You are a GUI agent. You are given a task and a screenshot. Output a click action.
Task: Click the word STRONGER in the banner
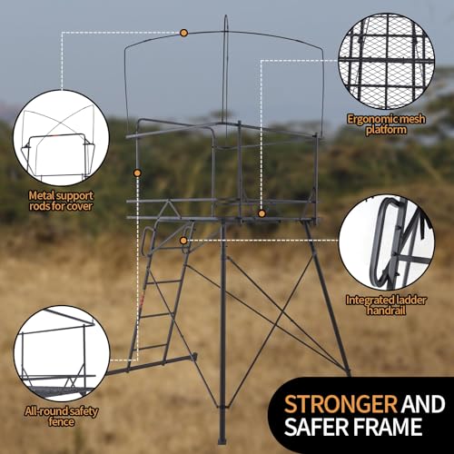point(340,404)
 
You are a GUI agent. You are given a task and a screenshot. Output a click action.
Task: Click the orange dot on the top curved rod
point(183,33)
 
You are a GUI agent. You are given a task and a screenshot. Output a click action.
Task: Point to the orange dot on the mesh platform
point(262,213)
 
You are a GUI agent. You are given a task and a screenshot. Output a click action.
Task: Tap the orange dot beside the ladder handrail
point(183,241)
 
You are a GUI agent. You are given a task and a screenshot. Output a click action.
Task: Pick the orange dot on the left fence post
point(137,173)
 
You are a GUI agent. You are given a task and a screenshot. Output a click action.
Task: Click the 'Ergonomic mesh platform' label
point(386,124)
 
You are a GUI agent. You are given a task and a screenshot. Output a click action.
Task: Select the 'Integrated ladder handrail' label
point(386,305)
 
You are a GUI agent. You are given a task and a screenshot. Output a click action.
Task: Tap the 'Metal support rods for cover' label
point(61,201)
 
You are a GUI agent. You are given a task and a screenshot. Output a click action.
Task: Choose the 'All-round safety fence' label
point(62,416)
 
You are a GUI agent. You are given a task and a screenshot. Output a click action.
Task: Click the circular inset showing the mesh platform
point(387,61)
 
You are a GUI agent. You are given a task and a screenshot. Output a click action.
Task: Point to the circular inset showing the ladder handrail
point(387,242)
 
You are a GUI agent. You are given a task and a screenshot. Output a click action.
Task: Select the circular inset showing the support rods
point(61,138)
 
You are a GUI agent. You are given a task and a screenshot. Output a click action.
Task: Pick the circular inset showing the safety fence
point(62,353)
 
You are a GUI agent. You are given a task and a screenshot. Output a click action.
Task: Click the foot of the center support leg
point(222,439)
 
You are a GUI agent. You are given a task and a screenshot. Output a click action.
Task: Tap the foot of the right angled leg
point(348,371)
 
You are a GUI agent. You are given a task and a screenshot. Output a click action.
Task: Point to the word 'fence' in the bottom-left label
point(61,421)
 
